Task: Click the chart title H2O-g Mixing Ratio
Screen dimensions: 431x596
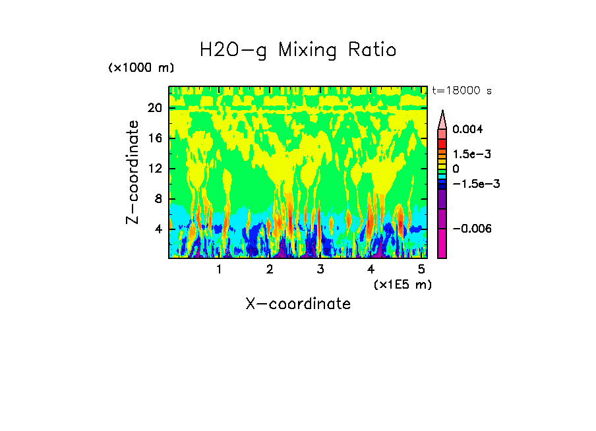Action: click(298, 50)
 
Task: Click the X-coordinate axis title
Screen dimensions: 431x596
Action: click(298, 304)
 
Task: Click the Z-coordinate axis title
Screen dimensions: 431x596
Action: click(133, 172)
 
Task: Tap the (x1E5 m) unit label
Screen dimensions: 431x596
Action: click(402, 284)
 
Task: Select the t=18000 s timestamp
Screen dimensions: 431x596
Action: click(462, 90)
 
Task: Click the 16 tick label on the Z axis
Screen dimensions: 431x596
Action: click(154, 138)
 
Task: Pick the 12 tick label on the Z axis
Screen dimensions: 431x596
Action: click(154, 169)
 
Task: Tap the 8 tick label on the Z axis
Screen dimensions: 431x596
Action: click(158, 199)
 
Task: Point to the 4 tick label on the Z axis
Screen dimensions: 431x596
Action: click(158, 229)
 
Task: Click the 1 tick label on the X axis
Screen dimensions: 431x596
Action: click(219, 269)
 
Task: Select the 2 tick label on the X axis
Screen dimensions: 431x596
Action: click(270, 269)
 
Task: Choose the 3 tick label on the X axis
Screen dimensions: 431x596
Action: click(320, 269)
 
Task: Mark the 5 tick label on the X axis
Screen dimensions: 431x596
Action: click(421, 269)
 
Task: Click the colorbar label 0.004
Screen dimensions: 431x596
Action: click(468, 129)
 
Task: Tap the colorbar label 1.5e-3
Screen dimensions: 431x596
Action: click(471, 154)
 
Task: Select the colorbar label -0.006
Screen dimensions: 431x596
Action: click(474, 228)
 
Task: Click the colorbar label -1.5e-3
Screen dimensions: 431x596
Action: click(474, 184)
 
